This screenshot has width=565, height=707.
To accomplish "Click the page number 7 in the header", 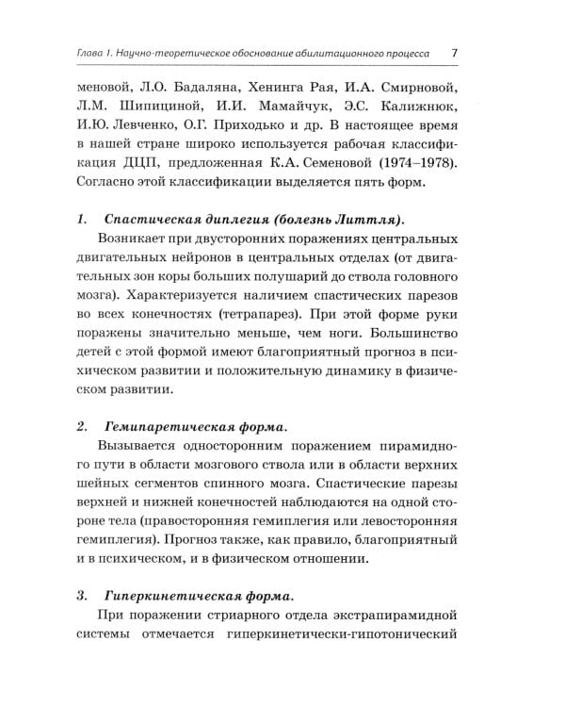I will tap(454, 54).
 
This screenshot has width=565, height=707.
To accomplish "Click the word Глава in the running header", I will tap(93, 54).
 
